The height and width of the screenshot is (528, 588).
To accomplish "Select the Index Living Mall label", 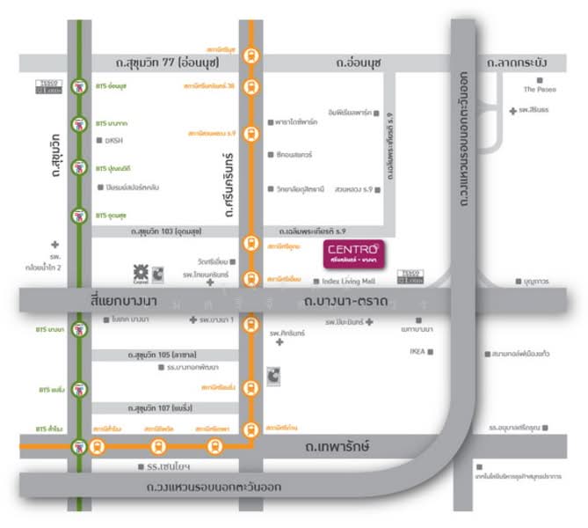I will pyautogui.click(x=349, y=281).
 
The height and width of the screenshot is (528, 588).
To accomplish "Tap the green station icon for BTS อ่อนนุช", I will pyautogui.click(x=80, y=86).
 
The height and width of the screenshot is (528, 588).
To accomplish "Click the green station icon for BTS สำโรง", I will pyautogui.click(x=80, y=446).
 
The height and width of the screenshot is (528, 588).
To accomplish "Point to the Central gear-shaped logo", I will pyautogui.click(x=139, y=272).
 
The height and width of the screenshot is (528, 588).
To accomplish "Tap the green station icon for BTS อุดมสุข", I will pyautogui.click(x=80, y=215).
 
